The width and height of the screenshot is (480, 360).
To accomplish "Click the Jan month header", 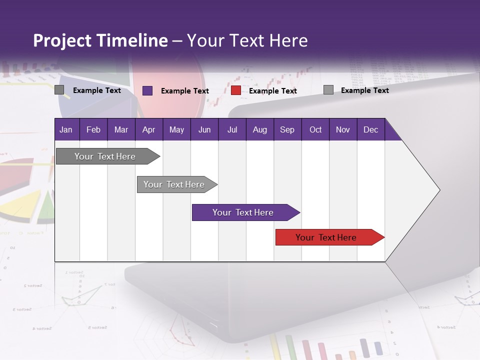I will [66, 129].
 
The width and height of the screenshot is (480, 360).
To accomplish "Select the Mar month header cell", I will [121, 129].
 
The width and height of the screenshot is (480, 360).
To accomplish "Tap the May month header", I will [176, 129].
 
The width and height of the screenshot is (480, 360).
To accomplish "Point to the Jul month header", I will [232, 129].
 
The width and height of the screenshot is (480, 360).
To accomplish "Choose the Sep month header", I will [287, 129].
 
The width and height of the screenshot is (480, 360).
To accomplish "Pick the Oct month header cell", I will [315, 129].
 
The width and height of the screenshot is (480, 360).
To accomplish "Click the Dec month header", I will [370, 129].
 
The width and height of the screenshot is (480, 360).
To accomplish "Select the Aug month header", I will [259, 129].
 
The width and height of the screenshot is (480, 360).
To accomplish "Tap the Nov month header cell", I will [343, 129].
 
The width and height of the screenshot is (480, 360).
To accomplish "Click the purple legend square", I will [147, 90].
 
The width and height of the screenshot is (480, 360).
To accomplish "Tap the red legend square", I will [236, 90].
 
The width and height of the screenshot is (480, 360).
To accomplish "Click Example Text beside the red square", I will [272, 91].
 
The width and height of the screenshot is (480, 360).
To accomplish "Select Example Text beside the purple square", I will [184, 91].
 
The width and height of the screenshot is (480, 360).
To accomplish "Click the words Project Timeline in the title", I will [100, 40].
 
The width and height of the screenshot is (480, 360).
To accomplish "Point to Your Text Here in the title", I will [247, 40].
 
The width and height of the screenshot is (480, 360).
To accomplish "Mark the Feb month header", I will [93, 129].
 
